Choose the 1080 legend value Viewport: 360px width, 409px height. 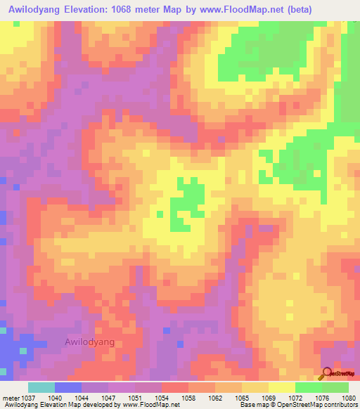(348, 397)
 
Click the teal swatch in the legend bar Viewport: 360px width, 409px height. (41, 387)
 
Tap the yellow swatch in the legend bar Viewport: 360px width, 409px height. (282, 387)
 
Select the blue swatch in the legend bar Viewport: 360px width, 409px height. (68, 387)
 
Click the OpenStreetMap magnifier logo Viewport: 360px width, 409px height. (326, 373)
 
